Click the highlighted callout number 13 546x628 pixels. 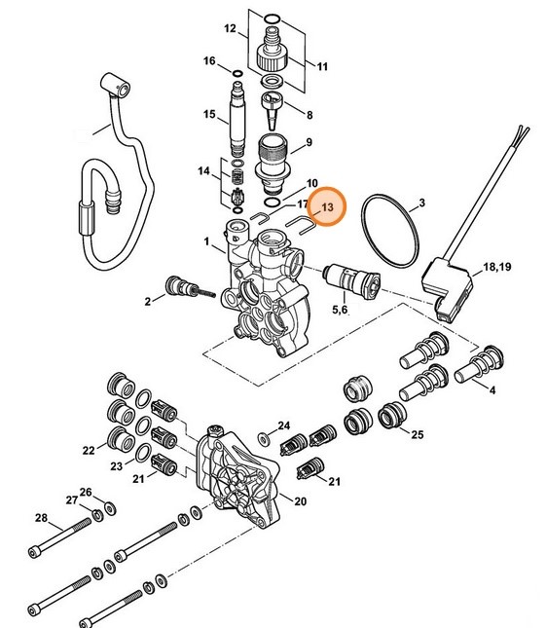click(327, 208)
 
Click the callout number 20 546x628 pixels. click(300, 501)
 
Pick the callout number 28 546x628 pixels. click(41, 517)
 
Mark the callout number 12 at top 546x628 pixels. click(230, 30)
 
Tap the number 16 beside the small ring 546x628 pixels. click(209, 61)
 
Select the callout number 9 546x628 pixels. click(309, 143)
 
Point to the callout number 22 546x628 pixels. click(89, 450)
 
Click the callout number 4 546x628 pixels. click(491, 390)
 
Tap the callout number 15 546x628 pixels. click(209, 115)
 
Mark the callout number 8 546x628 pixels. click(309, 114)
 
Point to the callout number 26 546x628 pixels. click(85, 492)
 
